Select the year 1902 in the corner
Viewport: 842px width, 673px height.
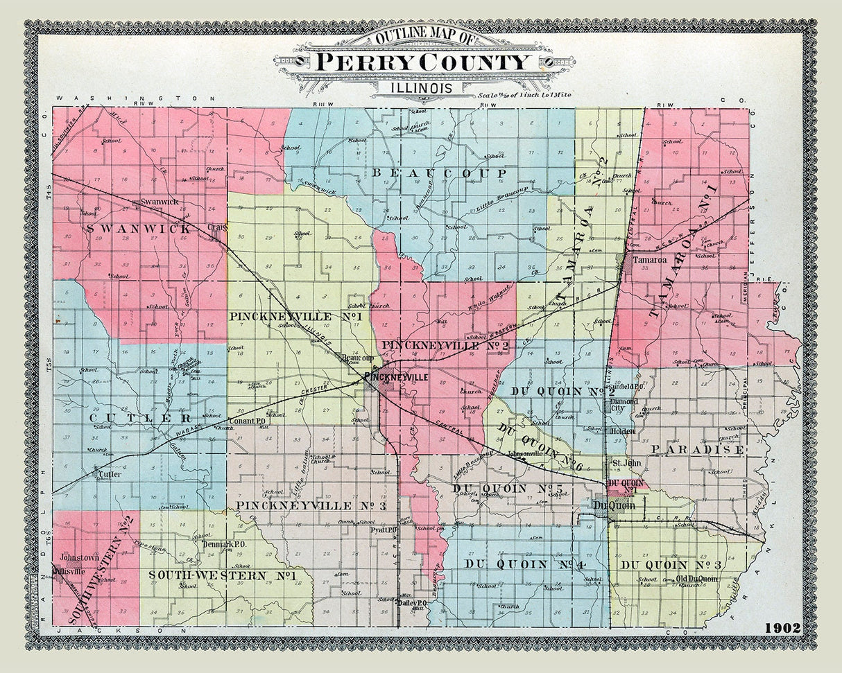coord(782,628)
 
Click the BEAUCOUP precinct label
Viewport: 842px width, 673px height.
coord(440,172)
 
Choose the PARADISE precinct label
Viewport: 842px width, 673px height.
coord(697,450)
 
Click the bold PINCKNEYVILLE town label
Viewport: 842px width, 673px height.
coord(396,377)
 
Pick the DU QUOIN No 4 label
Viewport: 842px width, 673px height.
coord(526,564)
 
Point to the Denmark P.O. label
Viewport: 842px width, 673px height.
coord(225,544)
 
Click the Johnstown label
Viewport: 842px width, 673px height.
coord(80,557)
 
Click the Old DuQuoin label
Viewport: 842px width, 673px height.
coord(697,579)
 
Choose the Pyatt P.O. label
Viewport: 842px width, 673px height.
coord(383,530)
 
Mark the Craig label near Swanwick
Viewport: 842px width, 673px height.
coord(217,227)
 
